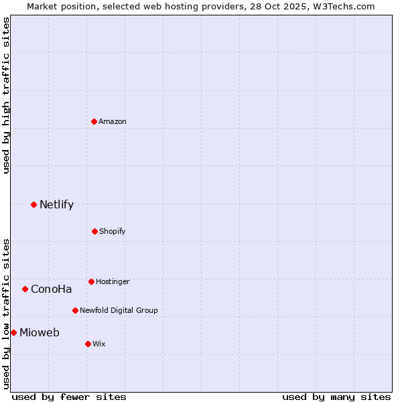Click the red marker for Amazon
tap(94, 121)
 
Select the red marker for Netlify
tap(33, 204)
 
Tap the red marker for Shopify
tap(94, 231)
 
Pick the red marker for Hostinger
tap(91, 281)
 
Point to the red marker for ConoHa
tap(25, 289)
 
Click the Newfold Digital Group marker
tap(75, 310)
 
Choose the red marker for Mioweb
tap(13, 332)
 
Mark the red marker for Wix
tap(88, 344)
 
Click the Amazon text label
tap(113, 121)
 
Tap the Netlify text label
tap(56, 205)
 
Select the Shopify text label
tap(113, 231)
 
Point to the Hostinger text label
tap(113, 281)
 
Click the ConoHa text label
tap(51, 289)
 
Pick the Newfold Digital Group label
tap(119, 310)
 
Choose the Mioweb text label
tap(40, 333)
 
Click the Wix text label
tap(99, 344)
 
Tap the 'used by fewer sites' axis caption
tap(69, 397)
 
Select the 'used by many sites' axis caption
tap(336, 397)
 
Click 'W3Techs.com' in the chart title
tap(346, 6)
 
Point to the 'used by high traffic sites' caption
tap(7, 95)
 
